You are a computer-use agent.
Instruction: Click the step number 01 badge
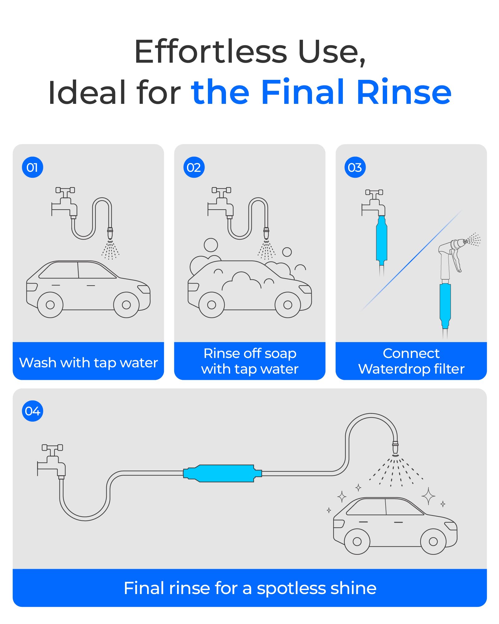pyautogui.click(x=32, y=167)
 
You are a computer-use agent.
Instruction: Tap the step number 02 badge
pyautogui.click(x=194, y=167)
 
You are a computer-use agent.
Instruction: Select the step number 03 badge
pyautogui.click(x=355, y=167)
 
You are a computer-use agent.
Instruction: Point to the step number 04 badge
pyautogui.click(x=32, y=411)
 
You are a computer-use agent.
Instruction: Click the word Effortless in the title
pyautogui.click(x=211, y=52)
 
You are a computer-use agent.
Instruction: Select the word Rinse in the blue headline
pyautogui.click(x=404, y=92)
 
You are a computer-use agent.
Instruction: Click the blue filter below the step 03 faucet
pyautogui.click(x=381, y=239)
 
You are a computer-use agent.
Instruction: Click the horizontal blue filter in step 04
pyautogui.click(x=223, y=473)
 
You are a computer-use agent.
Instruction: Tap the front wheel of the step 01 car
pyautogui.click(x=126, y=305)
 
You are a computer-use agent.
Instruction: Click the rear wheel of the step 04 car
pyautogui.click(x=357, y=541)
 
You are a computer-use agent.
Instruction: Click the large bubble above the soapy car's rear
pyautogui.click(x=211, y=245)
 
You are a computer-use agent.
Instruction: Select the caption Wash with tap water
pyautogui.click(x=89, y=363)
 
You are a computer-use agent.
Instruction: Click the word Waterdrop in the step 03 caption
pyautogui.click(x=393, y=369)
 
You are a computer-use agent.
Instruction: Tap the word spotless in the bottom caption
pyautogui.click(x=292, y=588)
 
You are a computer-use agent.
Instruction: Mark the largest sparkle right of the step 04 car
pyautogui.click(x=429, y=496)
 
